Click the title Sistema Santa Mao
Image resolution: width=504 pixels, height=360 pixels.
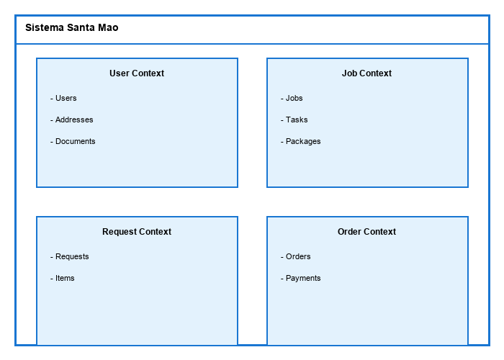(x=71, y=28)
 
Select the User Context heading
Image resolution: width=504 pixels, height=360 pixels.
(x=137, y=73)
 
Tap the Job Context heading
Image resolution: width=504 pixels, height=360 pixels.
(x=366, y=73)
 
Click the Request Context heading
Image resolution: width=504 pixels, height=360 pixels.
(x=137, y=232)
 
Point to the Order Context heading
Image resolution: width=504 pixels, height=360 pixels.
(x=366, y=232)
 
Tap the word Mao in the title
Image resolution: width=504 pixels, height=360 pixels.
(x=108, y=28)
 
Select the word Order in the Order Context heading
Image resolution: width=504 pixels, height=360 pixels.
(x=349, y=232)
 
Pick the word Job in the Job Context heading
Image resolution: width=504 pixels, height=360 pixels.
(x=349, y=73)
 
